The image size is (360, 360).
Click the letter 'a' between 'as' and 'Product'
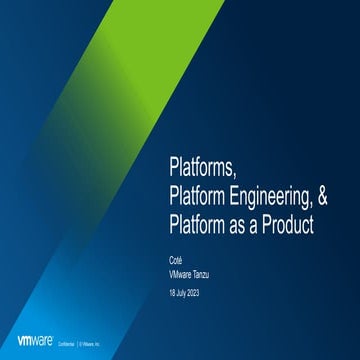[250, 227]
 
